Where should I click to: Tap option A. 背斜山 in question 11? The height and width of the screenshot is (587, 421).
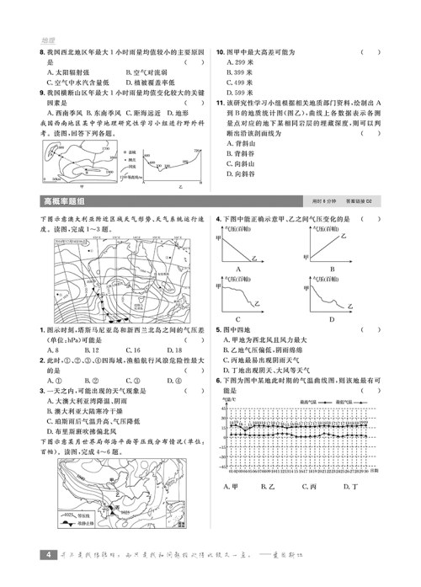tap(245, 143)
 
